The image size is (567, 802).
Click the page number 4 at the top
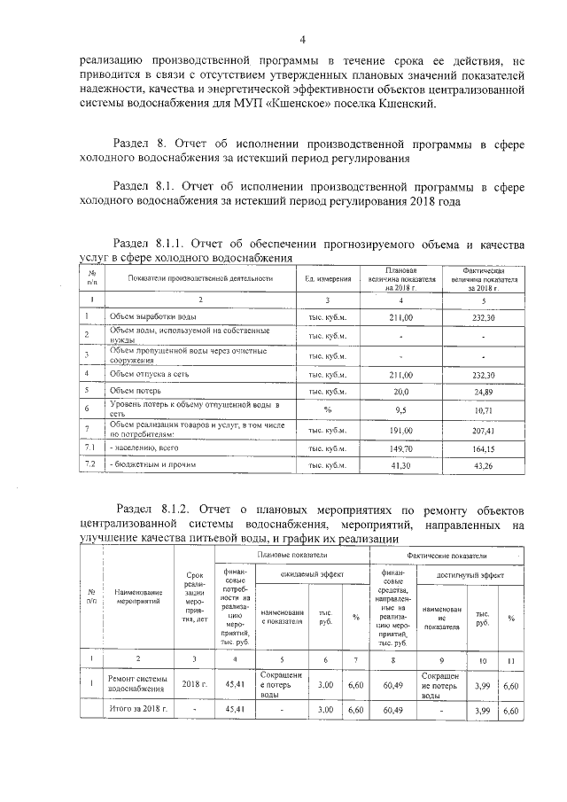(x=302, y=40)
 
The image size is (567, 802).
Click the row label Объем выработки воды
(x=152, y=316)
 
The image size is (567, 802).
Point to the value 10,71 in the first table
(x=483, y=410)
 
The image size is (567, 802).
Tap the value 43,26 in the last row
(x=483, y=464)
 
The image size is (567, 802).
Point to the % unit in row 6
(x=327, y=409)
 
